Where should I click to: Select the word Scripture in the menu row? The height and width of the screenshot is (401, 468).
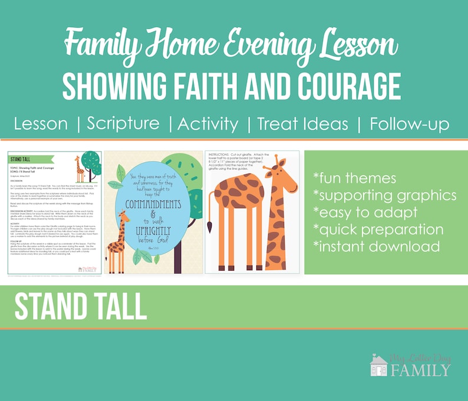click(x=123, y=124)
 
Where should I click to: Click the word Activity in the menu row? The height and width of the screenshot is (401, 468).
click(x=208, y=124)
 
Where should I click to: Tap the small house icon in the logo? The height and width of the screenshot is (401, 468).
click(x=378, y=366)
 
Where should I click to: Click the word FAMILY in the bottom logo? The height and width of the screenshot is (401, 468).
click(x=420, y=370)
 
